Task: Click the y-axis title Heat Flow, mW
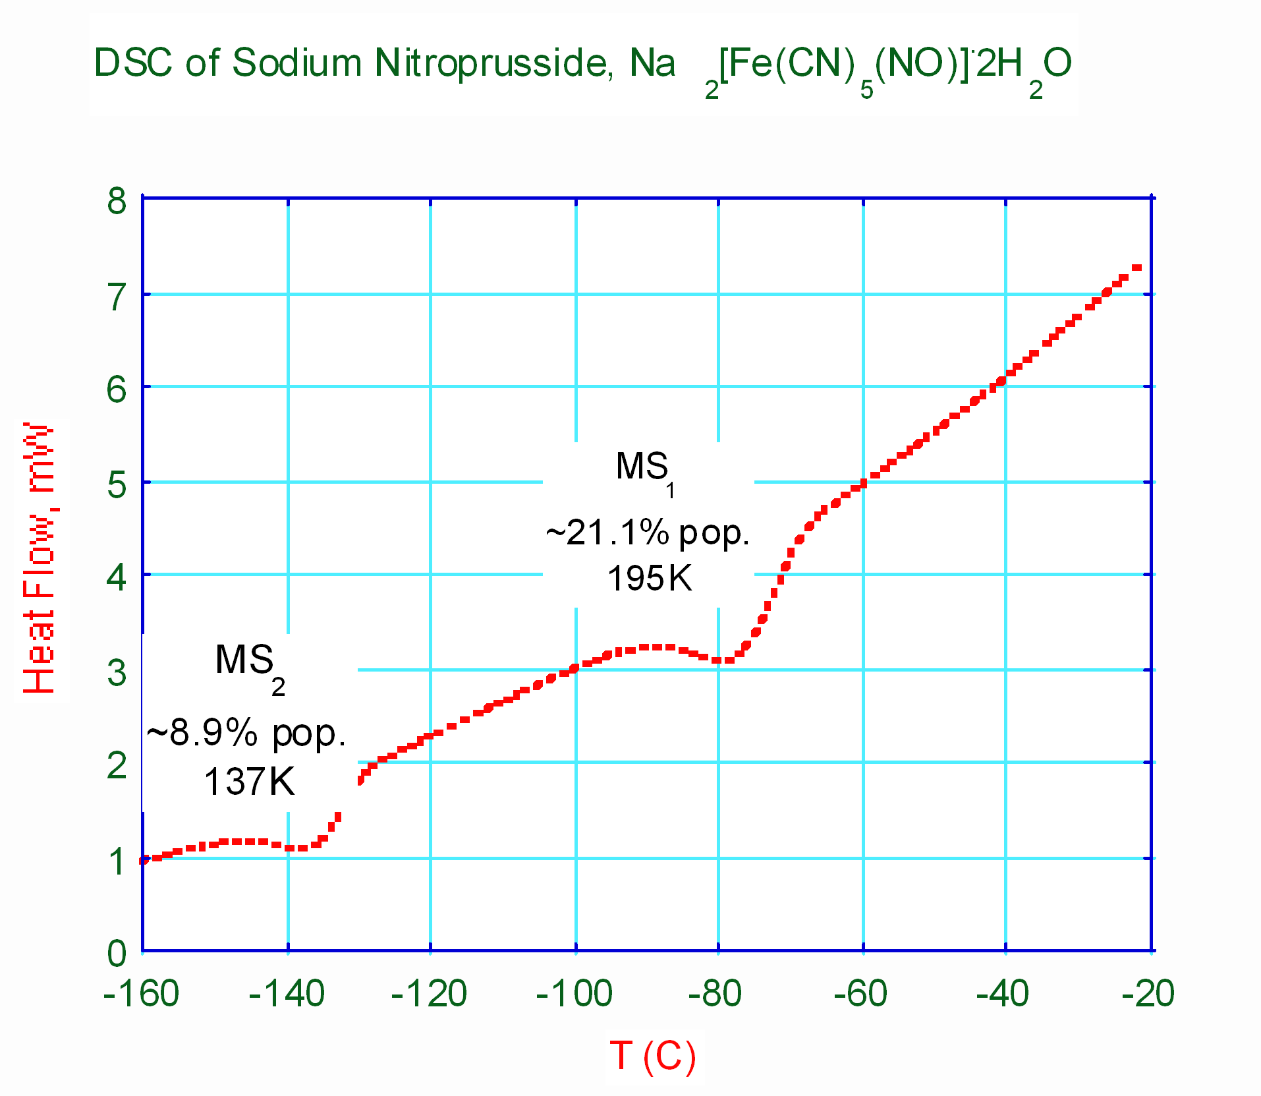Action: (x=39, y=558)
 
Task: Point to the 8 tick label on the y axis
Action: (x=117, y=200)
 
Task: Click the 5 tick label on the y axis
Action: (x=117, y=485)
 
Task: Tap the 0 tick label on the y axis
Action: (x=117, y=953)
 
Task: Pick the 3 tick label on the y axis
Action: (x=117, y=673)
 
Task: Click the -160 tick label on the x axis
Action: (x=141, y=993)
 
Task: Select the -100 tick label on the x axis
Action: (x=574, y=993)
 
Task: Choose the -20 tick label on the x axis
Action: (x=1148, y=993)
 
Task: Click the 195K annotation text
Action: (x=650, y=579)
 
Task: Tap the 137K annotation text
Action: (x=249, y=782)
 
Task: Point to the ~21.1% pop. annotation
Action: (x=648, y=533)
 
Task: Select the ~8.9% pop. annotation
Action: (x=246, y=733)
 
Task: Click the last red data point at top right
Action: (x=1136, y=268)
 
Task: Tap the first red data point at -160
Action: (x=144, y=860)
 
